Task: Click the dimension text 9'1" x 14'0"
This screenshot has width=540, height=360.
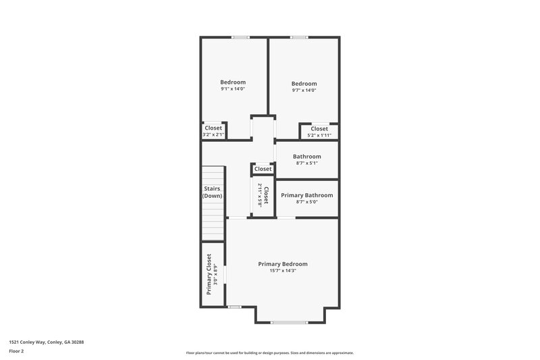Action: [x=233, y=89]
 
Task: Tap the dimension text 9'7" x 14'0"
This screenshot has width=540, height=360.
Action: [x=304, y=90]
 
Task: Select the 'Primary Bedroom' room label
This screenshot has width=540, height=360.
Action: [x=283, y=263]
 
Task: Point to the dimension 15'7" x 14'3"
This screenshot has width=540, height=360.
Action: [x=283, y=271]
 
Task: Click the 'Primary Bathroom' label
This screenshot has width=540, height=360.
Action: [x=306, y=195]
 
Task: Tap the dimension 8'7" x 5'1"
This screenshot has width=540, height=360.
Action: [x=306, y=163]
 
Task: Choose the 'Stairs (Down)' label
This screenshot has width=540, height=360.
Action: [x=213, y=192]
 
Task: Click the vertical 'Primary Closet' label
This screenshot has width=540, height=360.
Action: [x=209, y=274]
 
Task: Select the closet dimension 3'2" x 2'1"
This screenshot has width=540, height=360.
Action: [x=213, y=135]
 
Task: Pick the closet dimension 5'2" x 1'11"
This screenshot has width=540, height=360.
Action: [x=319, y=135]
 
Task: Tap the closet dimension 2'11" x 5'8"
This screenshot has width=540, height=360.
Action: [x=260, y=197]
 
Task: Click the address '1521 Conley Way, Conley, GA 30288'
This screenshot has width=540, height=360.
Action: [x=47, y=342]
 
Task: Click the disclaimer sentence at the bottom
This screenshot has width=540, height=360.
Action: [x=270, y=353]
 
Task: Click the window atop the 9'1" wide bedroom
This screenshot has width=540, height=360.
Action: [x=240, y=37]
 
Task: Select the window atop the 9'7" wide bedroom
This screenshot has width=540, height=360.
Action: [x=299, y=37]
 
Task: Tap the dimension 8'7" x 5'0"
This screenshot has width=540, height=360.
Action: [x=306, y=202]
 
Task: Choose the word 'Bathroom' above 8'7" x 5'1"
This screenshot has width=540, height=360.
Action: [x=306, y=156]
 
